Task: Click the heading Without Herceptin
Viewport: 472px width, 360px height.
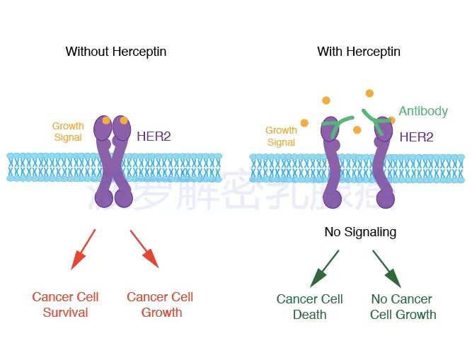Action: coord(116,52)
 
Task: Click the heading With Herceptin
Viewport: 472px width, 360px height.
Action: coord(359,52)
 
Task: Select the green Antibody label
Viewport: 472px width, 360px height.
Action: coord(423,111)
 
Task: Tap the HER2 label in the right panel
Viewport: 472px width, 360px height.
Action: coord(416,137)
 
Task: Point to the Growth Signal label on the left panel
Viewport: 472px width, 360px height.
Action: coord(68,132)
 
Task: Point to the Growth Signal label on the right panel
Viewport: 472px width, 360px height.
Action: coord(281,136)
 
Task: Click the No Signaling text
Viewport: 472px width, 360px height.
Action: coord(360,232)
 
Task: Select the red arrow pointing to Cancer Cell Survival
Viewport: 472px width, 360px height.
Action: coord(84,249)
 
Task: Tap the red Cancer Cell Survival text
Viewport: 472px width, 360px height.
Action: coord(65,305)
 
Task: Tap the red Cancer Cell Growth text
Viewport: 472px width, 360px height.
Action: coord(160,305)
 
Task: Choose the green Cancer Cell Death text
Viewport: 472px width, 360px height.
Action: coord(309,307)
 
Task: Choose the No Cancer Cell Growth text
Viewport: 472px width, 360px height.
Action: coord(403,307)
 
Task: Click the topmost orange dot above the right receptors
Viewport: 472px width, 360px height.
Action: coord(369,93)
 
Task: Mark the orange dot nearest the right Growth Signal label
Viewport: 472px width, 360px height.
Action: coord(304,123)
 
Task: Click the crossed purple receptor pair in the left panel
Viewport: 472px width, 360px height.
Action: coord(114,163)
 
